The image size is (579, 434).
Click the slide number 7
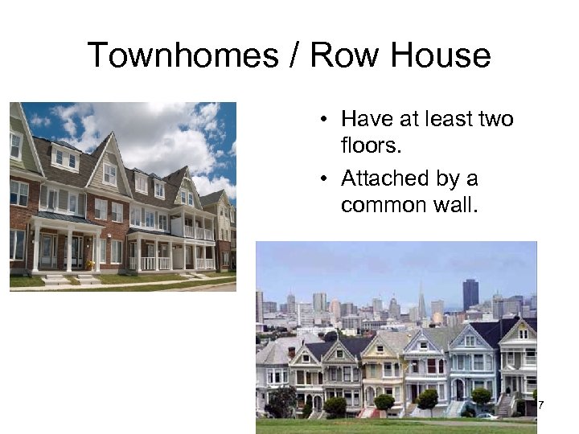(x=541, y=403)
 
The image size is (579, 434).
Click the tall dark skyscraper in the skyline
(x=470, y=294)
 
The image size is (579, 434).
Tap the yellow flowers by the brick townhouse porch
(x=90, y=264)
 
